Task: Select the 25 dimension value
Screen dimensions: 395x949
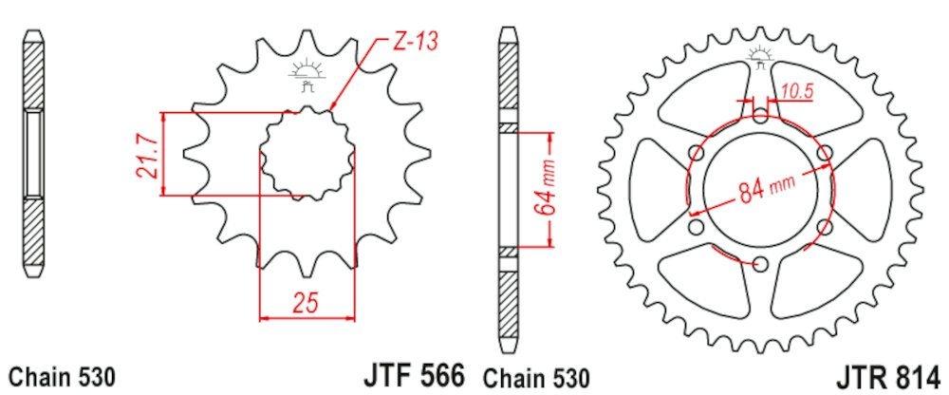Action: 305,303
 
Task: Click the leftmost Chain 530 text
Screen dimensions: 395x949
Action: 62,376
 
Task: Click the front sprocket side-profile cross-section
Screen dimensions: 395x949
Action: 33,152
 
